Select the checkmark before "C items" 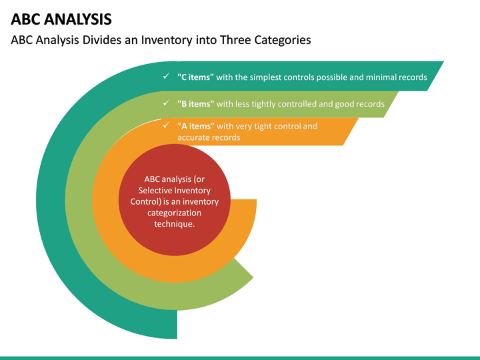(x=165, y=77)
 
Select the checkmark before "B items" (x=165, y=103)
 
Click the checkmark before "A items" (x=165, y=125)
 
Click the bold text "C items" (x=195, y=77)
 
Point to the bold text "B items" (x=195, y=104)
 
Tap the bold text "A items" (x=195, y=126)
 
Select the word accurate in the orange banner (x=194, y=137)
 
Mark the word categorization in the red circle (x=174, y=213)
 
